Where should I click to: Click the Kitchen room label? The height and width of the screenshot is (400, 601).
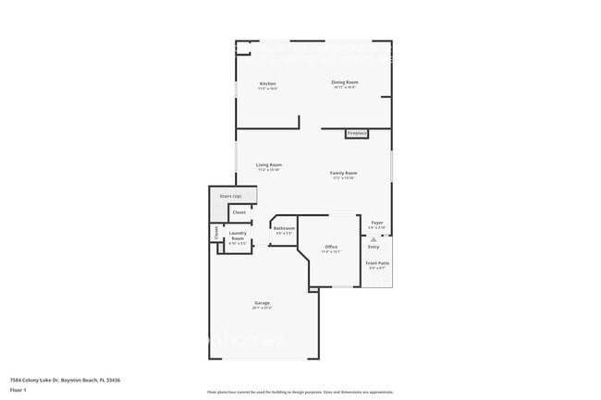[267, 83]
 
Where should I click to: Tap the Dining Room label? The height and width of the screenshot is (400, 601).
[345, 82]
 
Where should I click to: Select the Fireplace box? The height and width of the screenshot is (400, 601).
[357, 134]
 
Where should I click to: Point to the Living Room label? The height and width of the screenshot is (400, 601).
[269, 164]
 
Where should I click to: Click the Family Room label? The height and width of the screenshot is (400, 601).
[344, 173]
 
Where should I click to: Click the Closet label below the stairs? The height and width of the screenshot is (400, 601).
[239, 212]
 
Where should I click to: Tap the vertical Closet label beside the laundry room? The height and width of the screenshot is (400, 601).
[216, 233]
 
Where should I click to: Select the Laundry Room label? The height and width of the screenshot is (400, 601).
[238, 236]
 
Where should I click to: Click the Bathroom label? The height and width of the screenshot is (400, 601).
[284, 228]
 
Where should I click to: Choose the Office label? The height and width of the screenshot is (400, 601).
[331, 247]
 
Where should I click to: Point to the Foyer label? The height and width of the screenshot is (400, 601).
[377, 223]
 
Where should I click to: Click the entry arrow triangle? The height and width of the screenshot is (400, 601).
[374, 239]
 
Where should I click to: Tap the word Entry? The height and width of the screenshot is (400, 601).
[374, 247]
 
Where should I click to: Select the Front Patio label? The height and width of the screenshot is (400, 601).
[377, 263]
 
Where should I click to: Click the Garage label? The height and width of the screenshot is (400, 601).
[263, 302]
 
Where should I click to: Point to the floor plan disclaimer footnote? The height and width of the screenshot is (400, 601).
[300, 392]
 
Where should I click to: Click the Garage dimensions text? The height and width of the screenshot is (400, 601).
[263, 308]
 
